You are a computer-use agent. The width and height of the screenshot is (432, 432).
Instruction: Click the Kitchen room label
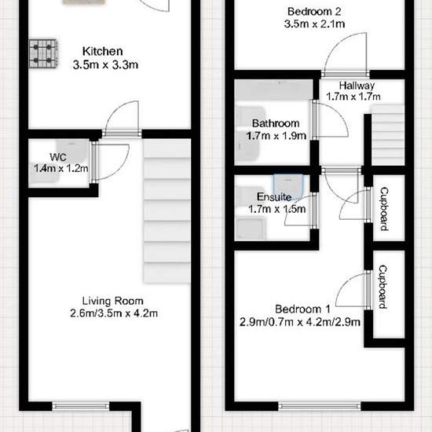click(102, 52)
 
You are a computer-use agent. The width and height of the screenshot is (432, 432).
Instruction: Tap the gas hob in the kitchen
click(43, 53)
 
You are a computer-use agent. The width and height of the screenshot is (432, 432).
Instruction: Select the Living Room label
click(113, 301)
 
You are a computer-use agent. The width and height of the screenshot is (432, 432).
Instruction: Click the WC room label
click(58, 157)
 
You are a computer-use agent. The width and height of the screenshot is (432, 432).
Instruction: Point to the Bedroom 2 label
click(314, 12)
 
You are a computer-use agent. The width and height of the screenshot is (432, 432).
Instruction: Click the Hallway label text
click(357, 86)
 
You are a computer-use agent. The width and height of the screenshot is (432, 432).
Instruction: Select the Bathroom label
click(276, 123)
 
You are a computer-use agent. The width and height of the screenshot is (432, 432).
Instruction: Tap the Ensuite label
click(274, 196)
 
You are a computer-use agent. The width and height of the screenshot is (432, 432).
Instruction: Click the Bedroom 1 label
click(302, 309)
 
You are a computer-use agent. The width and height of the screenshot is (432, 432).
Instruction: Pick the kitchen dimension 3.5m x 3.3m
click(105, 64)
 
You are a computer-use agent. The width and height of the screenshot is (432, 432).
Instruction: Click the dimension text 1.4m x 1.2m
click(61, 168)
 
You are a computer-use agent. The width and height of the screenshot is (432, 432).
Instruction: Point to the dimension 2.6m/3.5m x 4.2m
click(114, 313)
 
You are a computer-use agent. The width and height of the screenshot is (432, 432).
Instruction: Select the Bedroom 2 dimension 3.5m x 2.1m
click(314, 24)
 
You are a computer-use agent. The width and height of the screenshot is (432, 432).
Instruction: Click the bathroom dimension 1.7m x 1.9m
click(276, 136)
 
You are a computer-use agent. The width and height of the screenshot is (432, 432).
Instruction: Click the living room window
click(81, 406)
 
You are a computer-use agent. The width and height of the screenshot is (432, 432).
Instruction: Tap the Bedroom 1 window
click(320, 406)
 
